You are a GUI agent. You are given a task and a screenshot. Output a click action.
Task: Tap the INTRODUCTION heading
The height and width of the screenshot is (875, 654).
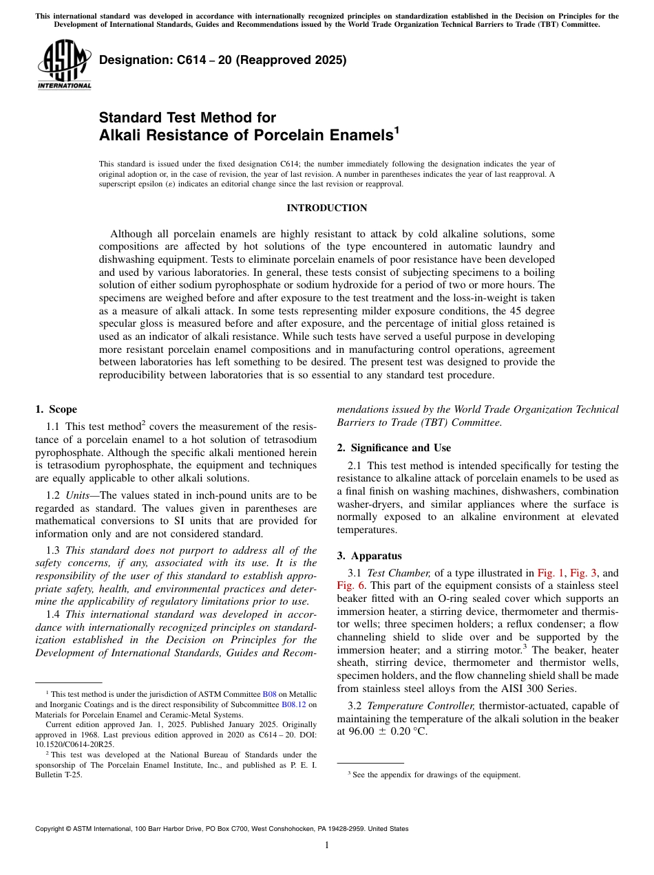[x=326, y=208]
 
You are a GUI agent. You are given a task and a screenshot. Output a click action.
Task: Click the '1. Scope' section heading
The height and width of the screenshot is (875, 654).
[x=56, y=409]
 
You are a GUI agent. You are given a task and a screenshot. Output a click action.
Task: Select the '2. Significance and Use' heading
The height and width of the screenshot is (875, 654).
[x=394, y=448]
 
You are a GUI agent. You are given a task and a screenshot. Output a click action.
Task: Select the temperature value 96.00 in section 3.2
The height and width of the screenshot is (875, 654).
[x=365, y=732]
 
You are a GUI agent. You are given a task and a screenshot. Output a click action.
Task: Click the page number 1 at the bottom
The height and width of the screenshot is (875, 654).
[x=327, y=845]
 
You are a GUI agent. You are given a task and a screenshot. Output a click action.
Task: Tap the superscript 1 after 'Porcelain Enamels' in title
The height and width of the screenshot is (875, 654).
[x=397, y=130]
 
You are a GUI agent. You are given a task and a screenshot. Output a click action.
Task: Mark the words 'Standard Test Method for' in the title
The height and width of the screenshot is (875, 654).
[x=187, y=118]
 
